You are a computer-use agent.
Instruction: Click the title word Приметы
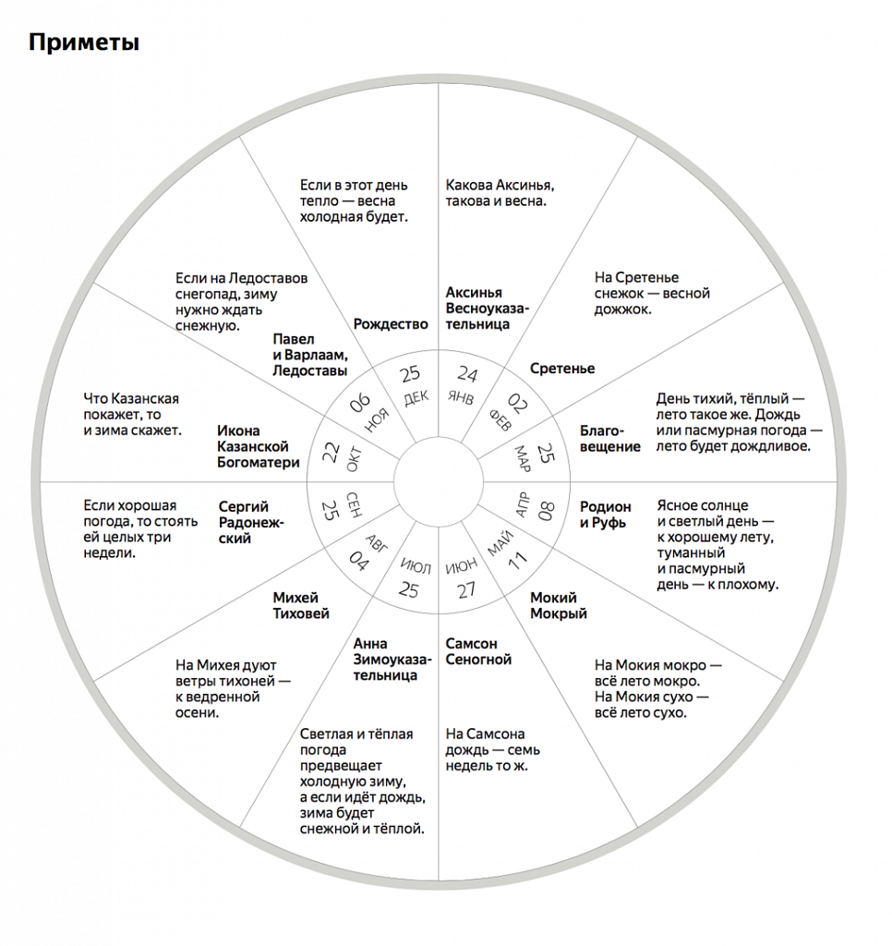pyautogui.click(x=83, y=42)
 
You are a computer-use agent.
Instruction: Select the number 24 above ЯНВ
pyautogui.click(x=467, y=374)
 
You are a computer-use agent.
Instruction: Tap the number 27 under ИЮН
pyautogui.click(x=466, y=589)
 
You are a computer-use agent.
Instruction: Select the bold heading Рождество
pyautogui.click(x=391, y=324)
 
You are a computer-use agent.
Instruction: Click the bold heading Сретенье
pyautogui.click(x=562, y=369)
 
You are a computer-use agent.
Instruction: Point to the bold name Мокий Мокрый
pyautogui.click(x=558, y=606)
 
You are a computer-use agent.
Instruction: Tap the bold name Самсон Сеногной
pyautogui.click(x=477, y=651)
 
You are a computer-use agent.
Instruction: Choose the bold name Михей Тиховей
pyautogui.click(x=301, y=605)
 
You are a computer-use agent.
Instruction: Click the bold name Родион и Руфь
pyautogui.click(x=606, y=515)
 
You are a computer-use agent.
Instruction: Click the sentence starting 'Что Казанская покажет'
pyautogui.click(x=132, y=414)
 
